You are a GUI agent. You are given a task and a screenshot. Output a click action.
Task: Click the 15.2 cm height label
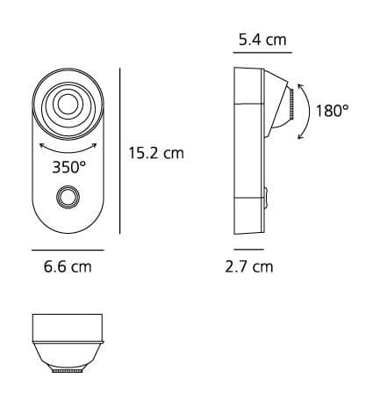[156, 153]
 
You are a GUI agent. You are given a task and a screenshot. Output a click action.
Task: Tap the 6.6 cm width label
[67, 265]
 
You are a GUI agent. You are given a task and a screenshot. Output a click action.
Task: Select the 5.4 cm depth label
[261, 40]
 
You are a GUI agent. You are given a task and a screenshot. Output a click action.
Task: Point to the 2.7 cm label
[248, 265]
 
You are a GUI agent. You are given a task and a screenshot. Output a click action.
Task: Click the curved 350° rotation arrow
[67, 143]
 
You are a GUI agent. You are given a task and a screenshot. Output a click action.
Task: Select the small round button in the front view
[67, 198]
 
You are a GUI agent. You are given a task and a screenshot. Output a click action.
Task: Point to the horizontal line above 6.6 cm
[67, 250]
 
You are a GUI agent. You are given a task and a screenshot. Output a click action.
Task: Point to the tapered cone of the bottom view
[67, 355]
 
